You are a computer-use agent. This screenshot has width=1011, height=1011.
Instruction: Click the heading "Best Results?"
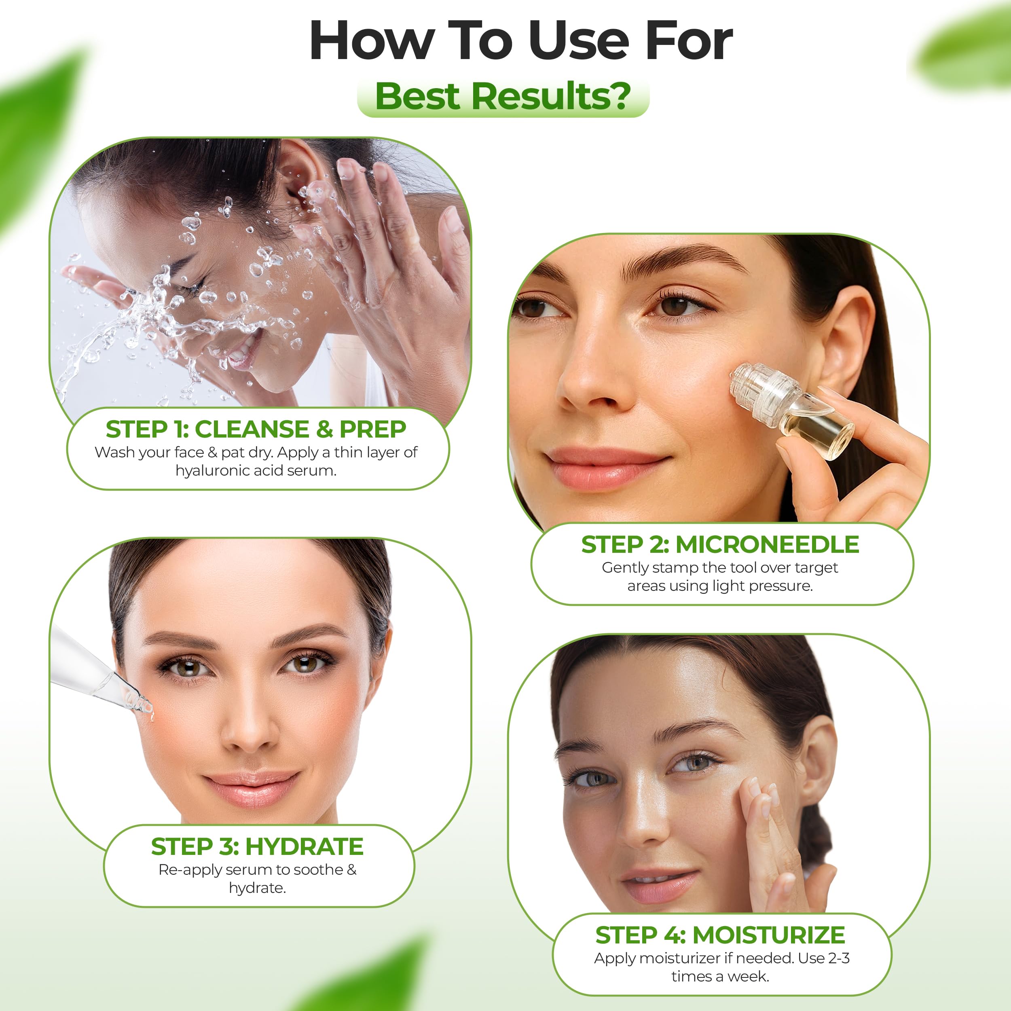(x=503, y=96)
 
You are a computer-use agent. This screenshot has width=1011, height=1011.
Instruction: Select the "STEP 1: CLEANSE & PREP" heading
(x=256, y=429)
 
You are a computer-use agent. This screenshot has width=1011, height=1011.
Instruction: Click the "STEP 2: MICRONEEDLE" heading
(x=720, y=544)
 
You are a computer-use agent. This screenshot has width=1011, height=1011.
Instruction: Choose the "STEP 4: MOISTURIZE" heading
(x=721, y=935)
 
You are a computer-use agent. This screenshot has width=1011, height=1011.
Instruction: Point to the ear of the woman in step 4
(x=819, y=764)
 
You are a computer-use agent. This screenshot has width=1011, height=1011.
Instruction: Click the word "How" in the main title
(x=372, y=41)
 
